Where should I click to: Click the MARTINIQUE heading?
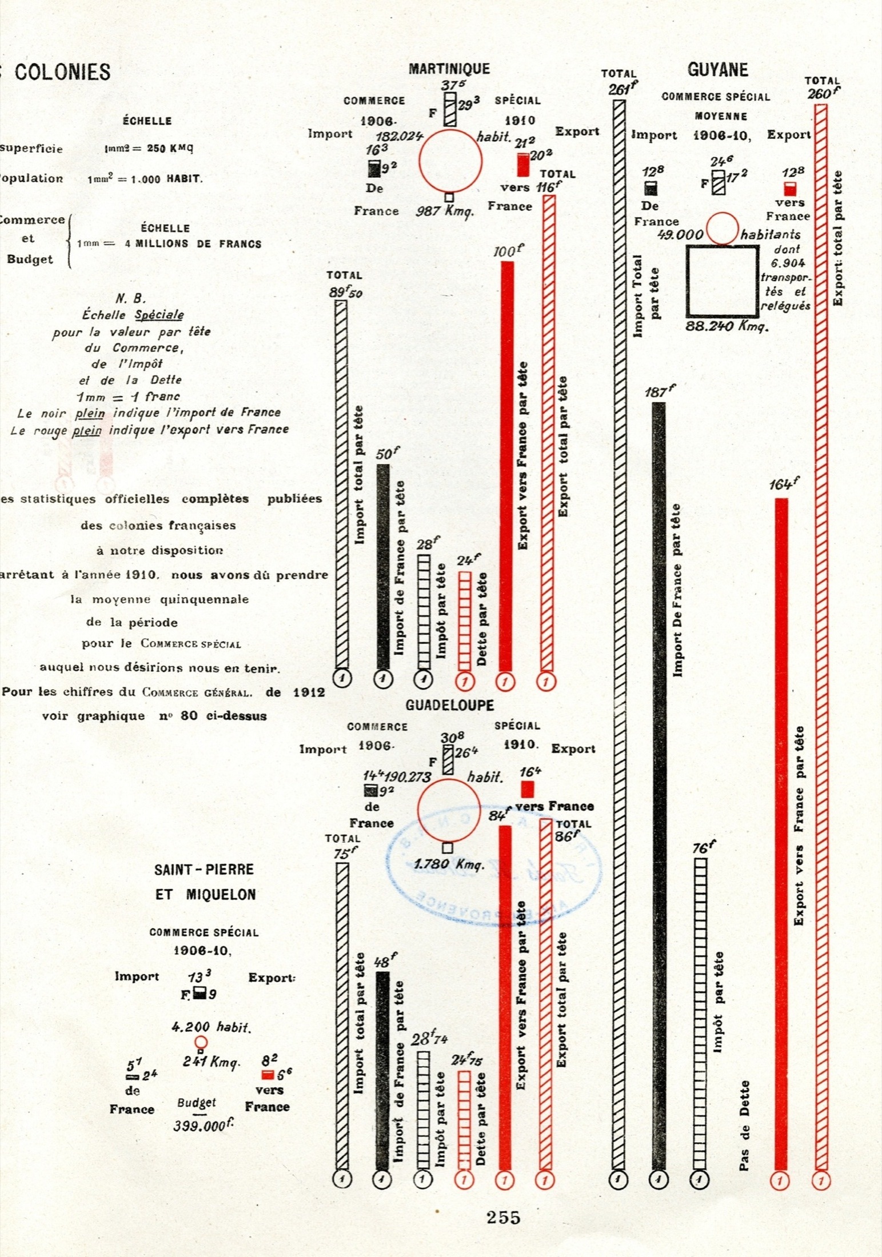click(449, 69)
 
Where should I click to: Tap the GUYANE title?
click(717, 70)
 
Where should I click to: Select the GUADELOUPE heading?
click(449, 705)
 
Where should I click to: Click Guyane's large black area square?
click(723, 281)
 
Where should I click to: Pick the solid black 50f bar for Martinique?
click(384, 566)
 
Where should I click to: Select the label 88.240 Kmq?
click(727, 326)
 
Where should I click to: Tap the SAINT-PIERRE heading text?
click(204, 870)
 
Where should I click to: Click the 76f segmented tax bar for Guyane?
click(700, 1011)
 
